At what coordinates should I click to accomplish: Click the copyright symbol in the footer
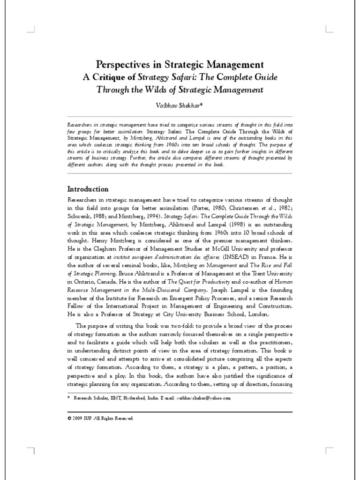point(69,418)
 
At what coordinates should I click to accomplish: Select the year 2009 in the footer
point(78,418)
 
